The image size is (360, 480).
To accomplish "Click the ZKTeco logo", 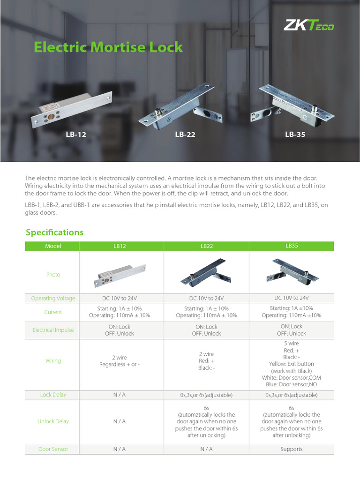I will click(308, 25).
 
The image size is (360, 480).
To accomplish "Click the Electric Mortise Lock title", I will click(108, 47).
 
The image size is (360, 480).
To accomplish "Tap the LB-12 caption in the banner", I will click(76, 135).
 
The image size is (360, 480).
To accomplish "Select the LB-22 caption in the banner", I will click(185, 135).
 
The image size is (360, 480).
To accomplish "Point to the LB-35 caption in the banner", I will click(295, 135).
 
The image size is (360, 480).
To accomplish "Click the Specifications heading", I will click(54, 232).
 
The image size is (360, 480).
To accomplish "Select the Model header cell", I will click(53, 246).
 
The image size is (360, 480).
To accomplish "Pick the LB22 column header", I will click(207, 246).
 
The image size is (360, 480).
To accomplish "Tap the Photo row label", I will click(53, 275).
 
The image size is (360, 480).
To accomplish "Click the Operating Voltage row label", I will click(53, 299).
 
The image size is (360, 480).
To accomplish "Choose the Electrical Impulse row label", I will click(53, 330).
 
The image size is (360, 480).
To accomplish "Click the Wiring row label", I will click(53, 361).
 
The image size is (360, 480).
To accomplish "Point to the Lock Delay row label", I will click(53, 395).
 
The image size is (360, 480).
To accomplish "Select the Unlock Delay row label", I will click(53, 421).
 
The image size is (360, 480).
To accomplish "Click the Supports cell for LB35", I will click(291, 449).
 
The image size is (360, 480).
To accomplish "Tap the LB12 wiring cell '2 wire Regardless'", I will click(119, 361).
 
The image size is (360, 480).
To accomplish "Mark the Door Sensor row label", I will click(53, 449).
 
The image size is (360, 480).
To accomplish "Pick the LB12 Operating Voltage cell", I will click(119, 299).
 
